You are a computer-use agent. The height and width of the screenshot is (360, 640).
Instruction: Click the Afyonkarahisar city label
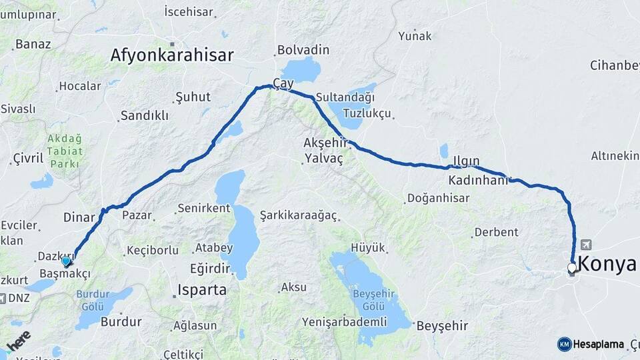click(x=172, y=55)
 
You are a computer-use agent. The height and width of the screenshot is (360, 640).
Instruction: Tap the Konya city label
click(x=607, y=264)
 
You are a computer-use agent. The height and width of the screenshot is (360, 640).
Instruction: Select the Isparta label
click(x=201, y=290)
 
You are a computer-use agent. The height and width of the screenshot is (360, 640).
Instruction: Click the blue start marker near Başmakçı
click(x=66, y=261)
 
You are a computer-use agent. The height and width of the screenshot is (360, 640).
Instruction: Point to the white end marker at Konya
click(x=571, y=268)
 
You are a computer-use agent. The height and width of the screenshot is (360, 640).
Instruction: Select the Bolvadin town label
click(x=303, y=50)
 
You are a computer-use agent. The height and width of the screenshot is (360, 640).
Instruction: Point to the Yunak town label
click(x=415, y=36)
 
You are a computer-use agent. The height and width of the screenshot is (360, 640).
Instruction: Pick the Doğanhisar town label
click(x=438, y=198)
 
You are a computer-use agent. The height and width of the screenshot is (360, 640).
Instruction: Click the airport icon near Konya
click(x=585, y=244)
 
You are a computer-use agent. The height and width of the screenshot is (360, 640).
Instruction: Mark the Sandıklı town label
click(x=144, y=115)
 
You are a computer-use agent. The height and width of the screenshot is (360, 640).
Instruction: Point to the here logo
click(x=19, y=340)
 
